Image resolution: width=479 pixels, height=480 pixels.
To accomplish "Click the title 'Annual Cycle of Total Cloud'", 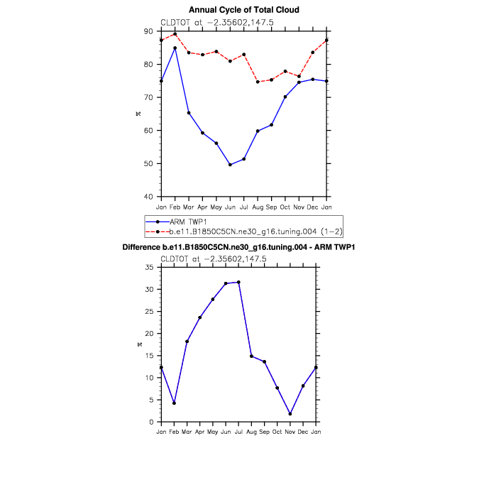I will click(x=243, y=10).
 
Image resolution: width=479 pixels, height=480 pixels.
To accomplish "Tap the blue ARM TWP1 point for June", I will click(x=230, y=165).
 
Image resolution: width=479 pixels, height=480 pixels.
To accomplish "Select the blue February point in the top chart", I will click(x=175, y=48).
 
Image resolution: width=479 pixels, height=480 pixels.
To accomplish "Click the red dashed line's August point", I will click(x=258, y=82).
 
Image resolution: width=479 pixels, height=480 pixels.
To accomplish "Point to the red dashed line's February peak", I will click(x=175, y=34).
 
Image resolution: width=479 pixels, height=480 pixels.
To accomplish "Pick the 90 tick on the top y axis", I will click(x=151, y=31).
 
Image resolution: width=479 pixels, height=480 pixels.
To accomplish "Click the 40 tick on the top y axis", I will click(x=151, y=197).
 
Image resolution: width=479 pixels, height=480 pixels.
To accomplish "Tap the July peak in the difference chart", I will click(x=238, y=282).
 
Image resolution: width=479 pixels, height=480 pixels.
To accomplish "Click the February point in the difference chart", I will click(x=174, y=403).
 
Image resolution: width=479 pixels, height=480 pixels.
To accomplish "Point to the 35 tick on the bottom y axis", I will click(x=151, y=267).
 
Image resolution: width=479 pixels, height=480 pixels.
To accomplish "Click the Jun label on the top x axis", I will click(x=230, y=207).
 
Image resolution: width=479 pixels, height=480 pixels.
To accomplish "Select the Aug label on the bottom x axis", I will click(x=252, y=432).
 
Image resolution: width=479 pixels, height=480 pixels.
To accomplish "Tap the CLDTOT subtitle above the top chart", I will click(x=214, y=23).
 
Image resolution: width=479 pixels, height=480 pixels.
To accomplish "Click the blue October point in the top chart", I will click(x=285, y=97).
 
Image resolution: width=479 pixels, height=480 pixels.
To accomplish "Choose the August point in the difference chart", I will click(x=252, y=356).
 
